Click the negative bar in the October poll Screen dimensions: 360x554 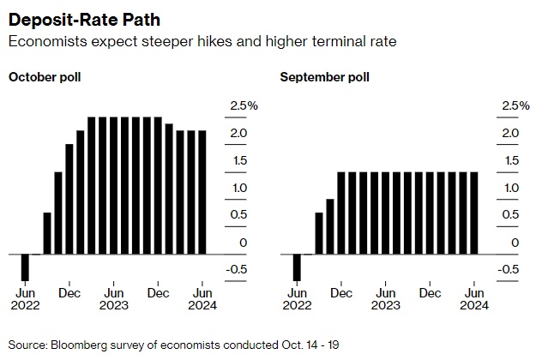[25, 267]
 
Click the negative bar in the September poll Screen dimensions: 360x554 [297, 267]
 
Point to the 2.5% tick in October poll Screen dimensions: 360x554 [244, 105]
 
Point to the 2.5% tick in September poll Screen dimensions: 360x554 [515, 105]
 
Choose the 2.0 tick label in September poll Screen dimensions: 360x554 [512, 133]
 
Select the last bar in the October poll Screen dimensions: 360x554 [202, 193]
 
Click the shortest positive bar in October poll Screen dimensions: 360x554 [47, 233]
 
